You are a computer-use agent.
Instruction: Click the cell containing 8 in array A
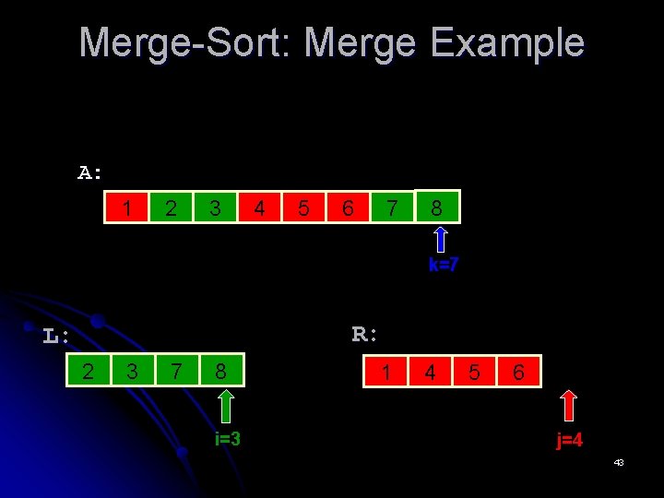click(437, 208)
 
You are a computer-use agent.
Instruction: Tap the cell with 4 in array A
click(259, 208)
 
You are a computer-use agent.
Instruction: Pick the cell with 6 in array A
click(348, 208)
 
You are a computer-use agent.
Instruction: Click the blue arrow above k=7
click(442, 240)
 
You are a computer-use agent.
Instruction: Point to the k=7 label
click(444, 266)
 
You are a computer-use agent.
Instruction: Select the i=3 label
click(227, 439)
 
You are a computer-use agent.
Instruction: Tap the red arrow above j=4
click(569, 406)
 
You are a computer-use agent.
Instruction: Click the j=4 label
click(569, 440)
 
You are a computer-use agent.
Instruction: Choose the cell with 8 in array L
click(221, 372)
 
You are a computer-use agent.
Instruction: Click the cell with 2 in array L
click(88, 372)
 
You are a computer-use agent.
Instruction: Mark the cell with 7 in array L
click(176, 372)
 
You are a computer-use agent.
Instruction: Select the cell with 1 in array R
click(385, 372)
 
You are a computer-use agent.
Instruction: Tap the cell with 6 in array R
click(518, 372)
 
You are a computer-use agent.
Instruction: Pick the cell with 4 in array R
click(430, 372)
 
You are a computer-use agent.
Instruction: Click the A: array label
click(90, 172)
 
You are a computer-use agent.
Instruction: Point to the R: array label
click(365, 334)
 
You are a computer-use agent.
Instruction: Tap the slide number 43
click(619, 461)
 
